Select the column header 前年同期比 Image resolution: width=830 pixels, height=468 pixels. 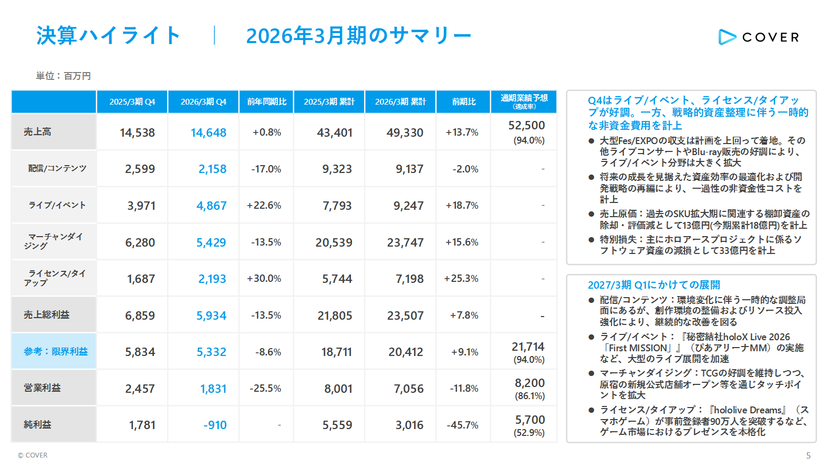266,101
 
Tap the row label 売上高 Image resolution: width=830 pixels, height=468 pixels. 37,131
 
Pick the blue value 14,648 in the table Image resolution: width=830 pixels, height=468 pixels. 208,133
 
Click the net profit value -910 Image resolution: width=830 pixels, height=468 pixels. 215,424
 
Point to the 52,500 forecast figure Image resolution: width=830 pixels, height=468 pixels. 526,125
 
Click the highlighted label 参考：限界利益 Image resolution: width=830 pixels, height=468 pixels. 56,351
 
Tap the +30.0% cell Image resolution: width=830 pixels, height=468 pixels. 264,279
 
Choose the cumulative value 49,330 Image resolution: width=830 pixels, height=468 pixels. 404,133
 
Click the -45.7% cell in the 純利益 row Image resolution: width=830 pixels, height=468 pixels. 462,425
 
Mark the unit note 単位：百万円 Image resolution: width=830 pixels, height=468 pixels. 64,76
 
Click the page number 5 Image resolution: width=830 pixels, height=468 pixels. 808,455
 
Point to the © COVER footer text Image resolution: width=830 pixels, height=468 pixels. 33,455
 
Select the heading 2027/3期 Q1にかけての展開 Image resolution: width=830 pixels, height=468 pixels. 654,285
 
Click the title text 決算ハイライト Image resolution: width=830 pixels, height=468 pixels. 108,36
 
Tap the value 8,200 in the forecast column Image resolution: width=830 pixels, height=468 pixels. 530,383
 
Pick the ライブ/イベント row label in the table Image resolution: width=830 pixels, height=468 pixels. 57,205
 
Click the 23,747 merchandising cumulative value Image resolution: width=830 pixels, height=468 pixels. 406,242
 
